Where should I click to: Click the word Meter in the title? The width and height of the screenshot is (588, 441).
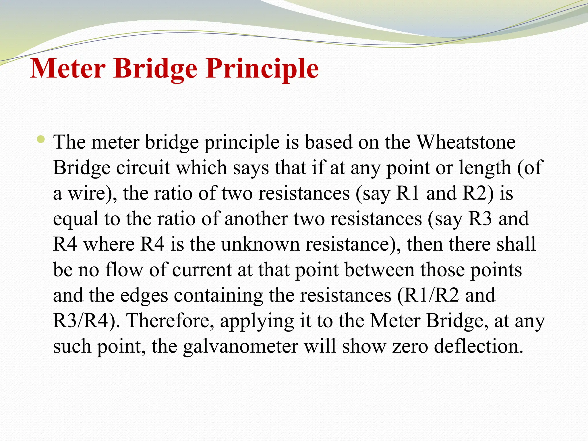[67, 69]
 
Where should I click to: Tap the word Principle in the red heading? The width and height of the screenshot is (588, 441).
[262, 69]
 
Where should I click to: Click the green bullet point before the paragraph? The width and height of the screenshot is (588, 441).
[41, 140]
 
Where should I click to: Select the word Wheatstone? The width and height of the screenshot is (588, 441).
[466, 142]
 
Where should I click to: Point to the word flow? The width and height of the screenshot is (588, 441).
[124, 270]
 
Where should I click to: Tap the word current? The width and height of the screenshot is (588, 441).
[202, 270]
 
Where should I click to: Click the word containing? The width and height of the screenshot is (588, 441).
[218, 295]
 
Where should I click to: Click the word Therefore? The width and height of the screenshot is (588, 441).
[171, 321]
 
